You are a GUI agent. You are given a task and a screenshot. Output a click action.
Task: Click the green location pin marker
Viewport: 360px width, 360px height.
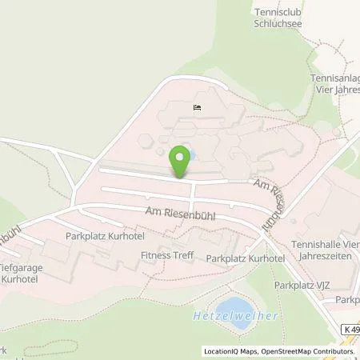click(x=182, y=160)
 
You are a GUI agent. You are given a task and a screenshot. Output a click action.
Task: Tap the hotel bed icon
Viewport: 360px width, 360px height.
click(x=197, y=108)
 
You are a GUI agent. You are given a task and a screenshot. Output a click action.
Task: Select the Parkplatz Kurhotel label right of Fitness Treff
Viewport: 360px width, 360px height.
click(x=246, y=258)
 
